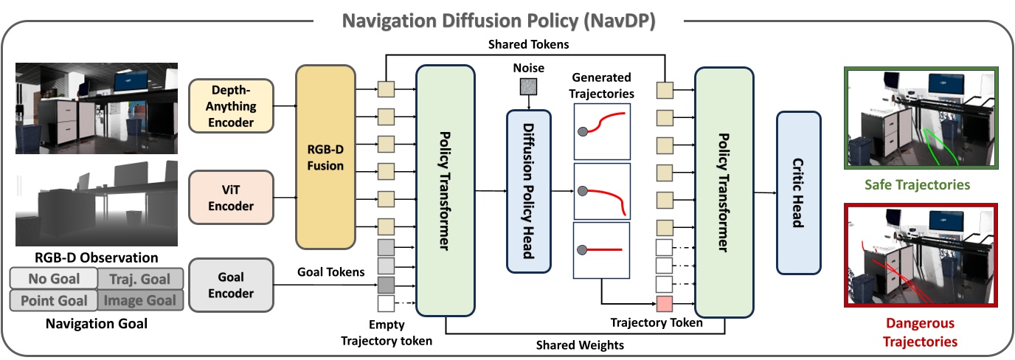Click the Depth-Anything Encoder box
(x=231, y=105)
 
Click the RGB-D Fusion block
(x=325, y=156)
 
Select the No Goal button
(x=53, y=279)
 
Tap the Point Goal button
(x=53, y=300)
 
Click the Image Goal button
(x=139, y=300)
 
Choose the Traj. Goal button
(x=139, y=279)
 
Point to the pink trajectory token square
(x=665, y=303)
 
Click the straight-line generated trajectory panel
(x=601, y=251)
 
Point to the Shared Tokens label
(x=528, y=44)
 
